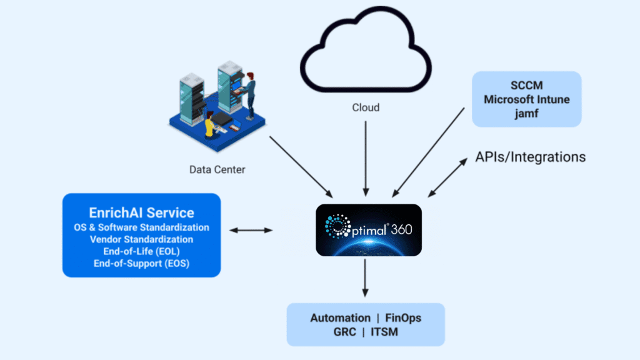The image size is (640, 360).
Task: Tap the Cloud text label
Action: click(x=365, y=107)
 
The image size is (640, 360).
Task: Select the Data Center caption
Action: click(x=217, y=169)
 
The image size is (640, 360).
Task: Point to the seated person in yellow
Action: click(x=209, y=124)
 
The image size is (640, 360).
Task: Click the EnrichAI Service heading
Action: click(x=141, y=212)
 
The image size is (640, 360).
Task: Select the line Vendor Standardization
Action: click(x=141, y=239)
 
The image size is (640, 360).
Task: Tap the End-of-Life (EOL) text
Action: click(x=141, y=251)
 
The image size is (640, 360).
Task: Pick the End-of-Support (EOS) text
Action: click(x=141, y=264)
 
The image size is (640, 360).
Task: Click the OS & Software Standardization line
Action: click(x=141, y=227)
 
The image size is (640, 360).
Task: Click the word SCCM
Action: click(x=526, y=86)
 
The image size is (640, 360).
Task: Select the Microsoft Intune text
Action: click(x=526, y=99)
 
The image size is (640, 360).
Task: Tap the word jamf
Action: click(x=526, y=112)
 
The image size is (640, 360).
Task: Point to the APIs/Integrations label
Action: click(x=530, y=157)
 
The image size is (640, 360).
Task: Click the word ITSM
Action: click(x=384, y=332)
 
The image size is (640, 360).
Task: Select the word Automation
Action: click(x=340, y=318)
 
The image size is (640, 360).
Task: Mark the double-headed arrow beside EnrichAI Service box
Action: click(x=251, y=231)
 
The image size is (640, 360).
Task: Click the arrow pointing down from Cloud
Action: click(x=365, y=157)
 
